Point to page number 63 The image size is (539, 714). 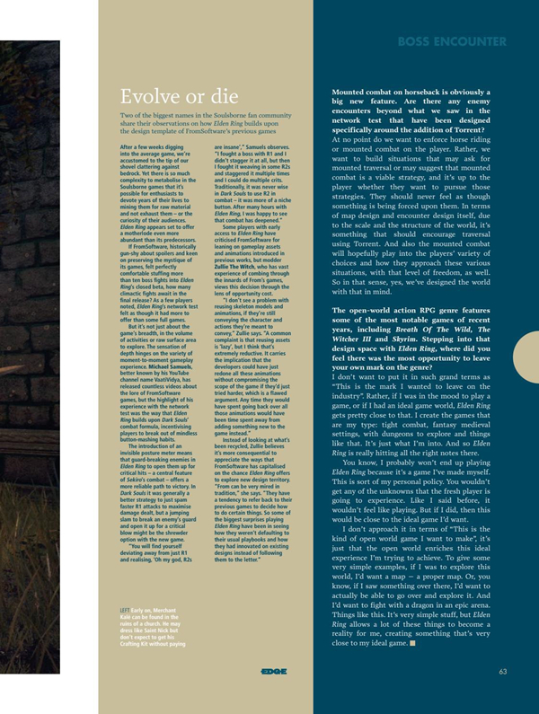tap(503, 671)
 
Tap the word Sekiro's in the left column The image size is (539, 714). tap(131, 462)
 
